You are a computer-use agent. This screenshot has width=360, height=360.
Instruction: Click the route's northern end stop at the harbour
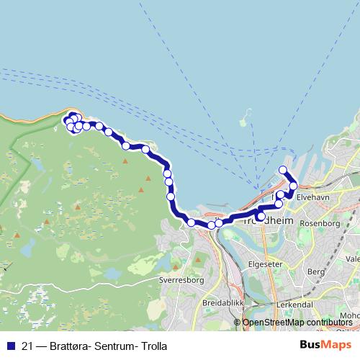click(283, 171)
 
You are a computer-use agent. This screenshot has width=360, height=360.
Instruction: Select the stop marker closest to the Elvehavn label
click(293, 186)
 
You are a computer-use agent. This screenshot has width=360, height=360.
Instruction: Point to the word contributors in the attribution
click(328, 322)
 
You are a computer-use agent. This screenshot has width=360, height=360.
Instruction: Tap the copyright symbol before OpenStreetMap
click(238, 322)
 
